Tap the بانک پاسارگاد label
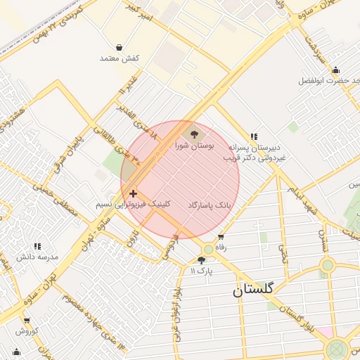pyautogui.click(x=209, y=205)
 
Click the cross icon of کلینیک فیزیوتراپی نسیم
pyautogui.click(x=134, y=192)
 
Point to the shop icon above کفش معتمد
pyautogui.click(x=119, y=47)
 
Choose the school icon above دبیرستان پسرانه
pyautogui.click(x=254, y=136)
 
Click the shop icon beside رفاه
pyautogui.click(x=221, y=237)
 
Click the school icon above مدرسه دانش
pyautogui.click(x=37, y=246)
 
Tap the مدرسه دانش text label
pyautogui.click(x=37, y=257)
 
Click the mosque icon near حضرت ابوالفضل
pyautogui.click(x=335, y=70)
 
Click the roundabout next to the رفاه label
pyautogui.click(x=208, y=250)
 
